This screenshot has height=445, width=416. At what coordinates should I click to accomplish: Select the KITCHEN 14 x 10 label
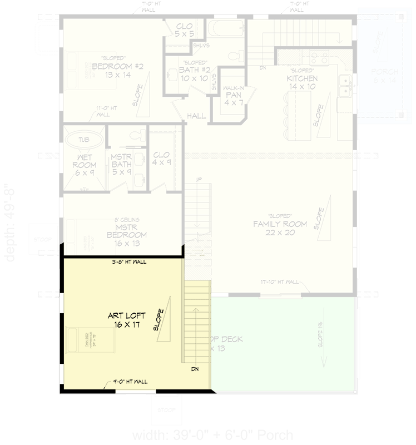point(302,82)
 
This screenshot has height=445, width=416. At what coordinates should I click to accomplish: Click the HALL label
point(196,116)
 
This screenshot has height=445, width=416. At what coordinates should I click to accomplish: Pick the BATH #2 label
point(194,73)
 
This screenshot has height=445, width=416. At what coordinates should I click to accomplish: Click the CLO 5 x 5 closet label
point(184,30)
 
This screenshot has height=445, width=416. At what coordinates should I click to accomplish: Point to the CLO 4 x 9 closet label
point(161,159)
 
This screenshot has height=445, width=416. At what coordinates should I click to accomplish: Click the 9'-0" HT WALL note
point(130,382)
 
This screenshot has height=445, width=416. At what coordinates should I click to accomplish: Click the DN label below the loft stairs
point(195,369)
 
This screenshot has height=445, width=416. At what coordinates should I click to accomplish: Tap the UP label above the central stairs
point(198,180)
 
